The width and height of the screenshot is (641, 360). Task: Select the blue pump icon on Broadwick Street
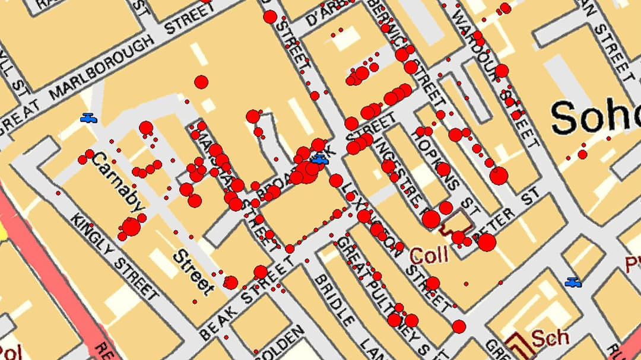coord(320,159)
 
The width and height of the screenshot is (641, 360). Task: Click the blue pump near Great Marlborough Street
coord(88,118)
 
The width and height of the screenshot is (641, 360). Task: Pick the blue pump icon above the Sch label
coord(573,282)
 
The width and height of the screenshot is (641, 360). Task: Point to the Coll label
coord(429,256)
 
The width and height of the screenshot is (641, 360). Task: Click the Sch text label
coord(550,338)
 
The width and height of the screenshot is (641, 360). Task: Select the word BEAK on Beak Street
coord(217,320)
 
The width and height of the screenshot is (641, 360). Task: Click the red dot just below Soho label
coord(582,154)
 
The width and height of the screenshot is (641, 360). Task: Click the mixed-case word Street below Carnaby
coord(193,273)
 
